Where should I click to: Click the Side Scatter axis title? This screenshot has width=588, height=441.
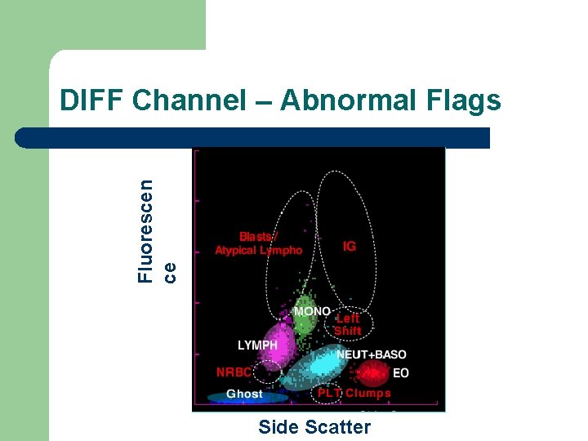coord(314,426)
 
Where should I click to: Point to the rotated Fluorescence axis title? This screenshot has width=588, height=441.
coord(155,231)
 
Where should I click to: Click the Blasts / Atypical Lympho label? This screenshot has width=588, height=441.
coord(258,243)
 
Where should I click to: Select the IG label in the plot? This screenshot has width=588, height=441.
coord(350,246)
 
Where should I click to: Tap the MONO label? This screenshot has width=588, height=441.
coord(312,311)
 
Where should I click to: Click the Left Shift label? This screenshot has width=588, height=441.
coord(347,324)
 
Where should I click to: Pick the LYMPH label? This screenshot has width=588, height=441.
coord(257,345)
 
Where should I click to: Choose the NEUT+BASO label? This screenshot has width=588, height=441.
coord(372,354)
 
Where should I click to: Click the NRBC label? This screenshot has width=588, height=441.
coord(234,372)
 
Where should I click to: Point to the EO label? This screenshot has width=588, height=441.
coord(401,373)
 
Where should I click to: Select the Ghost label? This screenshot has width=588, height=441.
coord(244,394)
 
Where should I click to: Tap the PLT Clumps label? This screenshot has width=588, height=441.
coord(354,393)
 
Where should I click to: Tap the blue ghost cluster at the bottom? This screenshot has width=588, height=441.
coord(245,398)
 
